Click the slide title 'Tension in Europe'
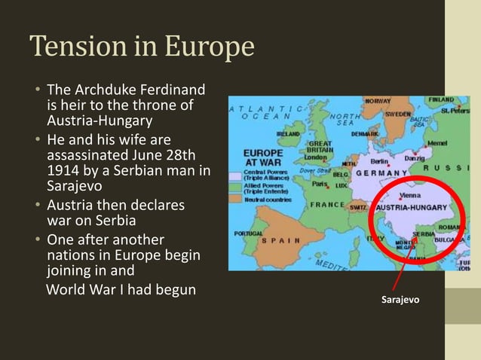[142, 47]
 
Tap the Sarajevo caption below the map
[400, 300]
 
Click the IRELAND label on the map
[289, 133]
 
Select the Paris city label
[321, 183]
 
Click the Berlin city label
[379, 160]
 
